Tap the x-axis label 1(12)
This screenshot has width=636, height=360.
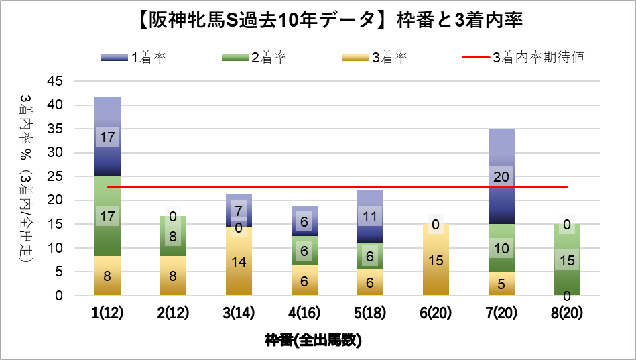tap(107, 312)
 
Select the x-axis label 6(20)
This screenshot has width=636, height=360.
tap(436, 312)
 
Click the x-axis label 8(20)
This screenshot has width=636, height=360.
tap(567, 312)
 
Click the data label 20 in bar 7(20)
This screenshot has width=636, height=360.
tap(501, 178)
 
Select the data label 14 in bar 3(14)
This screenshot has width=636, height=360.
tap(239, 261)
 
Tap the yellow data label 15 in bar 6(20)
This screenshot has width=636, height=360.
tap(436, 260)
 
